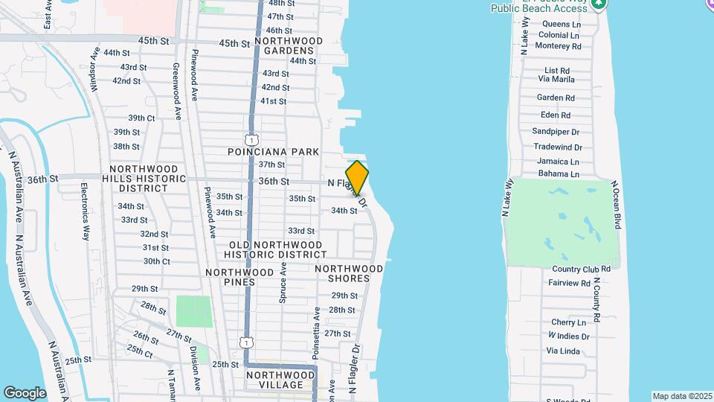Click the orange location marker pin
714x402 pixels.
click(358, 178)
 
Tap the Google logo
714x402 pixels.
click(25, 392)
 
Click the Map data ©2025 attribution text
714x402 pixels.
click(681, 396)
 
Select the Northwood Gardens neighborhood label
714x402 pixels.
click(289, 45)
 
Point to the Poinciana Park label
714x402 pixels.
click(273, 152)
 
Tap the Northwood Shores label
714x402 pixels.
click(342, 273)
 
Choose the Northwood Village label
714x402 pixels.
click(280, 380)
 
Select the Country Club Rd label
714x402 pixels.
click(581, 269)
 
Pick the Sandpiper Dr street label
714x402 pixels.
click(556, 131)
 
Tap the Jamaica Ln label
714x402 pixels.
click(559, 162)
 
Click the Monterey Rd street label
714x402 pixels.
click(559, 46)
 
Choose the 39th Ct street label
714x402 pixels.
click(141, 118)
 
